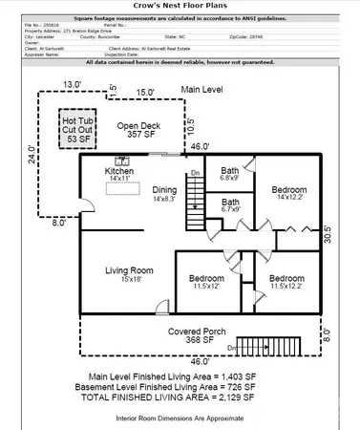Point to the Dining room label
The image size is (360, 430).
165,194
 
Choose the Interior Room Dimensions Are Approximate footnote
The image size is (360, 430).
180,419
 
